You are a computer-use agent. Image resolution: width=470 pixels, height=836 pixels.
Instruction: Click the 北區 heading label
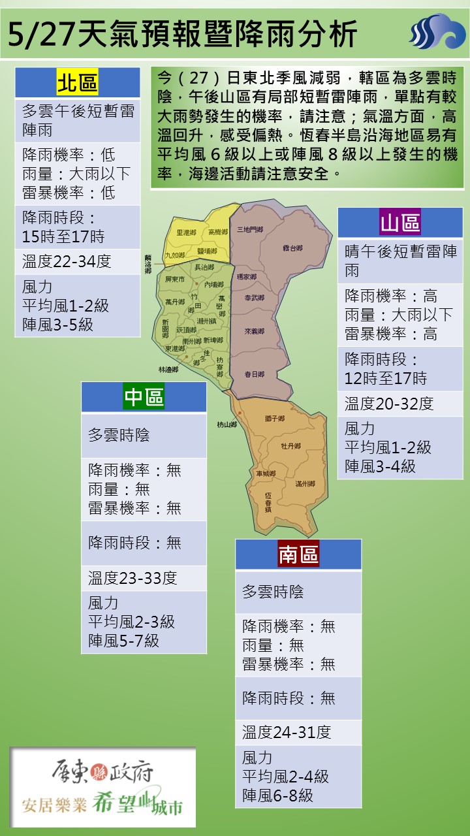point(77,83)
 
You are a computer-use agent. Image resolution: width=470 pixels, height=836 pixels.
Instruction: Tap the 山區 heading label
point(400,223)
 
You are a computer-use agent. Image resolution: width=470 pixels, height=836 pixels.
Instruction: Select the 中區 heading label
point(144,396)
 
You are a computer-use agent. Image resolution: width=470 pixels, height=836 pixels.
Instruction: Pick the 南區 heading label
point(298,555)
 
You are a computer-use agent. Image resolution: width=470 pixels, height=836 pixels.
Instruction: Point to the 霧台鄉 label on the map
point(292,248)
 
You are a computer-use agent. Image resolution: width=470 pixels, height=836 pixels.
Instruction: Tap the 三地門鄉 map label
point(250,229)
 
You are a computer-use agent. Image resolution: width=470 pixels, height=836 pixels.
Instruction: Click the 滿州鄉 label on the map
point(305,483)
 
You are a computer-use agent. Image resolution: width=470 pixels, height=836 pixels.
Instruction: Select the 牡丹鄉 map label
point(290,446)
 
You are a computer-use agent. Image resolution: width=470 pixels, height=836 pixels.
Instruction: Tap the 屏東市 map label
point(176,279)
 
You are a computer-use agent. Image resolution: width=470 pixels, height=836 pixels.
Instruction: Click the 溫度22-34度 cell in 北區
point(67,261)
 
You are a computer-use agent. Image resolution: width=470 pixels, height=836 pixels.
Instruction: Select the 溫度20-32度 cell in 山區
point(389,404)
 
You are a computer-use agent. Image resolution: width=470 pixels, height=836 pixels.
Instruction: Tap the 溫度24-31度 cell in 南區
point(287,732)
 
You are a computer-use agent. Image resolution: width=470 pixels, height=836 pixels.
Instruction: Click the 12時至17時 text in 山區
point(386,378)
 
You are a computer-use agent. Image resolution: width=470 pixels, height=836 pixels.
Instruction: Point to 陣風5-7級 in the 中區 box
point(123,641)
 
